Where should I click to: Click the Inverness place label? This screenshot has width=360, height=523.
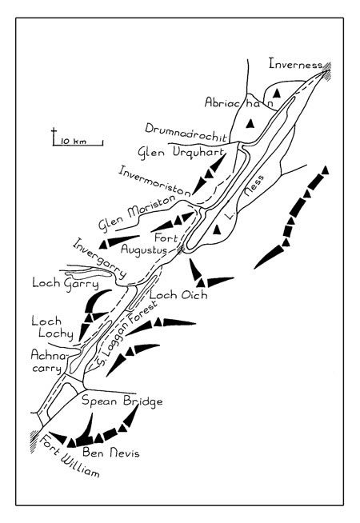296,63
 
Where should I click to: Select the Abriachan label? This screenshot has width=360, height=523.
239,102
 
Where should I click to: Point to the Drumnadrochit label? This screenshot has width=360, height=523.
186,133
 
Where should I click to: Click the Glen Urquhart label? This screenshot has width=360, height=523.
181,154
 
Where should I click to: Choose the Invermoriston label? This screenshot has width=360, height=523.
155,180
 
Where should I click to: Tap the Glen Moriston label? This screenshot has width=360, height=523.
137,214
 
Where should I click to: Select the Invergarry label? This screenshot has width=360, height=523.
99,258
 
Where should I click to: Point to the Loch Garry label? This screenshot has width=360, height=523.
66,284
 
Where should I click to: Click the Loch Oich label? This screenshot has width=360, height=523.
178,294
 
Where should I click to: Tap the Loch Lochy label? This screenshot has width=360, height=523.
52,327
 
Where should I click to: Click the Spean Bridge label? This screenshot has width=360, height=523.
122,401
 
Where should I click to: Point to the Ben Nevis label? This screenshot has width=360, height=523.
111,453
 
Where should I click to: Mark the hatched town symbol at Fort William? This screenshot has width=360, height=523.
34,441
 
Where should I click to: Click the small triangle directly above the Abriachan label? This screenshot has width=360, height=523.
276,94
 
